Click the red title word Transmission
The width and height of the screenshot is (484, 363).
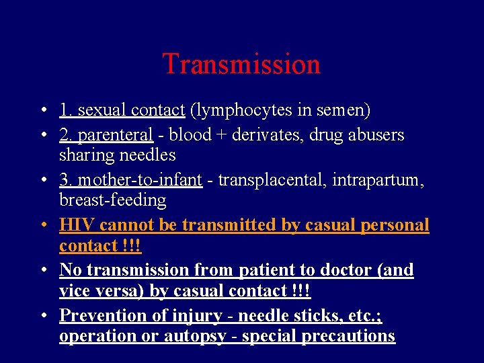click(241, 65)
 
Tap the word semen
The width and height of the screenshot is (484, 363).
click(343, 110)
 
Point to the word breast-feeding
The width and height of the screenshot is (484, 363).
click(113, 200)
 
